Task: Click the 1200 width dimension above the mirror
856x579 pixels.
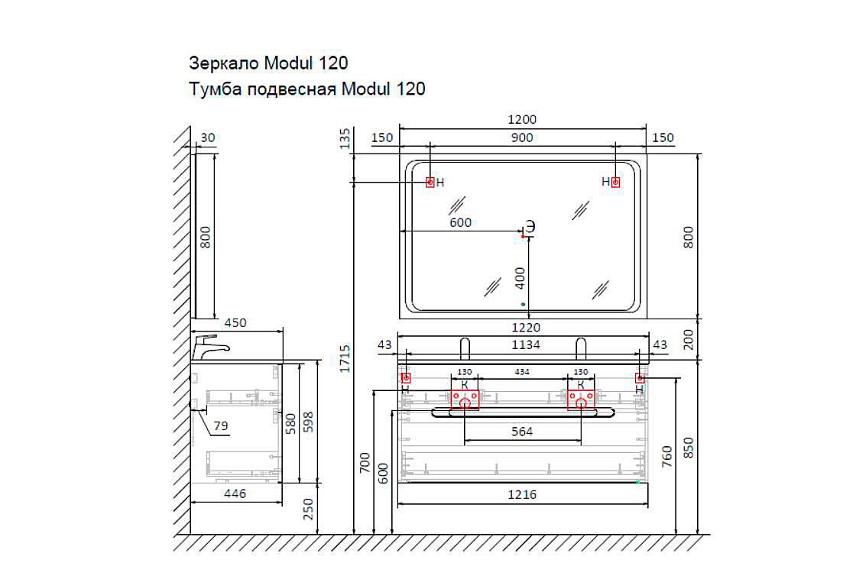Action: pos(523,119)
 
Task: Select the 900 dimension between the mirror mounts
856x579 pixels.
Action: pos(523,137)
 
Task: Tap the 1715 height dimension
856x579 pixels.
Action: pos(345,359)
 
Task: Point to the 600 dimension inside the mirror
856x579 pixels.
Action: pos(460,223)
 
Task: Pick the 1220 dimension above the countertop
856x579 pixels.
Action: pos(524,328)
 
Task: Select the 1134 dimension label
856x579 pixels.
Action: pos(524,345)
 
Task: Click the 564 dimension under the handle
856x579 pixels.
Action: pos(522,432)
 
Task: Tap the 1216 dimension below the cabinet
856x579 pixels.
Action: pos(522,495)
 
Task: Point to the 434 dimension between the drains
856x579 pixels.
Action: pos(523,372)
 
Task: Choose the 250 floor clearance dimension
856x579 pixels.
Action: pos(309,508)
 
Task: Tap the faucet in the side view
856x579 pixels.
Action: pos(209,347)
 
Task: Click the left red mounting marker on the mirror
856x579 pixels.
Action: pos(430,182)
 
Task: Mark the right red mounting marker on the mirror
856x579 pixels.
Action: pos(615,182)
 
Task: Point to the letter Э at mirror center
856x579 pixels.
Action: pos(529,226)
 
